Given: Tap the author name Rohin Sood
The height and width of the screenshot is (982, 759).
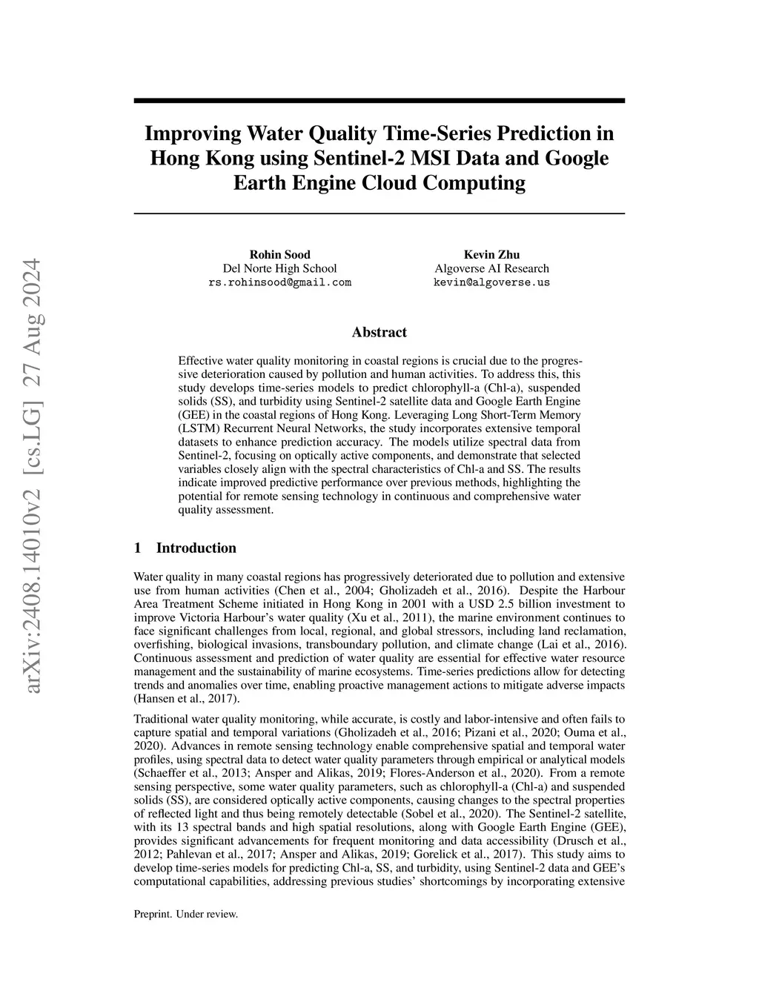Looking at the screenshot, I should pos(279,255).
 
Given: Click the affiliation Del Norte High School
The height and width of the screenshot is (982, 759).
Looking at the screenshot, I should pos(279,268).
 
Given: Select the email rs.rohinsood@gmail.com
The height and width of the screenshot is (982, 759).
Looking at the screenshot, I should pos(279,282).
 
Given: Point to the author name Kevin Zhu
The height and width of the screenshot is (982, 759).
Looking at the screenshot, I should pos(491,255).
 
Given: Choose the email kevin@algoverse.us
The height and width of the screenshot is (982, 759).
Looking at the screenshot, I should pos(491,282).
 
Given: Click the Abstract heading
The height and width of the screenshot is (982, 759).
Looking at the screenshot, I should pos(379,333).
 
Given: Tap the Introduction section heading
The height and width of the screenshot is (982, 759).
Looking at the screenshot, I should pos(196,548).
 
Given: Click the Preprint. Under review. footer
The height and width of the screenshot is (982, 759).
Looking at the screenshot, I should pos(185,915).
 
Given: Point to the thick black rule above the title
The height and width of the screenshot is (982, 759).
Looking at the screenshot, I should pos(379,100).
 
